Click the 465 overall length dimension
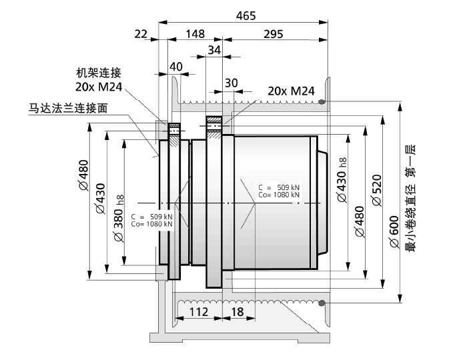pos(246,16)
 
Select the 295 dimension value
pos(274,34)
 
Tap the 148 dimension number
pos(195,34)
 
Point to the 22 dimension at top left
pos(141,34)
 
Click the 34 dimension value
pos(214,50)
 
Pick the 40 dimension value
pos(176,67)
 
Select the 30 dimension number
pos(231,83)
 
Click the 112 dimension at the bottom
pos(199,311)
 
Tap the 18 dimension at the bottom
pos(238,311)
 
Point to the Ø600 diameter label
pos(394,231)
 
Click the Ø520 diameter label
pos(376,191)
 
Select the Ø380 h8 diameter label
pos(119,218)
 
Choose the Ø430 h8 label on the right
pos(342,180)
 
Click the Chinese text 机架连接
pos(99,73)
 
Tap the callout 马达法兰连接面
pos(68,108)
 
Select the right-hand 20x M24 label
pos(291,91)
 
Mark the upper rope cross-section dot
pos(322,102)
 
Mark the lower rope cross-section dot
pos(322,303)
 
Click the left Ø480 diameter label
pos(84,175)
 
